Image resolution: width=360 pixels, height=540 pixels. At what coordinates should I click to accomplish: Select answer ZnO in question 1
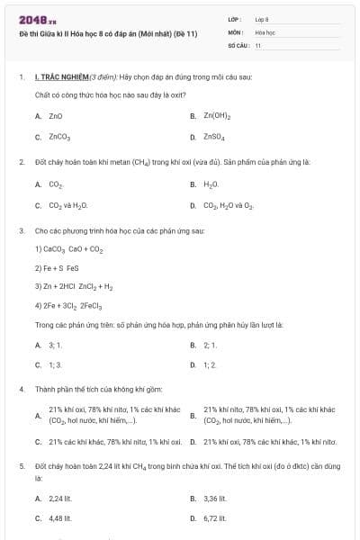(55, 116)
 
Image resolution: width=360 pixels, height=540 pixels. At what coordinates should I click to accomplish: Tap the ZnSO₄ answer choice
(214, 138)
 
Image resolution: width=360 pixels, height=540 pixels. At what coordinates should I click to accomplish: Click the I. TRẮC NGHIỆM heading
(61, 78)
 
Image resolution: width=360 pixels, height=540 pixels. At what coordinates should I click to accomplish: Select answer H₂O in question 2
(211, 184)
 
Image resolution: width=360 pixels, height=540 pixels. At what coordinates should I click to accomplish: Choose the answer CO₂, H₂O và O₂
(229, 206)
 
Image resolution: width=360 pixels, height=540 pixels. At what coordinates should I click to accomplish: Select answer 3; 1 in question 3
(55, 345)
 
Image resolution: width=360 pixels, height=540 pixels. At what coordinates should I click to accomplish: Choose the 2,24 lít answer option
(59, 498)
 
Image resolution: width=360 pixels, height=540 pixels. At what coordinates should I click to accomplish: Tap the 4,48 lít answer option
(59, 518)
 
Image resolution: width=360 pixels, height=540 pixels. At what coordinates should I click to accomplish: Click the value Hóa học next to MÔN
(265, 31)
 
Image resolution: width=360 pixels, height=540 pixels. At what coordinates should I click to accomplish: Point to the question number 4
(21, 389)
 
